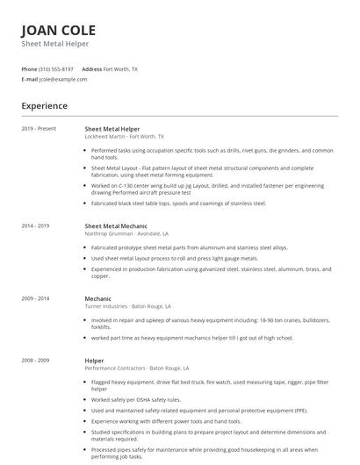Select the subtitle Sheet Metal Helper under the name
click(54, 44)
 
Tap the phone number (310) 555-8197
click(56, 68)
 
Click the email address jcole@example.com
click(62, 79)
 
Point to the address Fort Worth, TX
click(120, 68)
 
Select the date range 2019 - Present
click(39, 128)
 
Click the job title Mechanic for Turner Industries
click(97, 299)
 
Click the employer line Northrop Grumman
click(126, 234)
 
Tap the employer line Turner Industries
click(126, 308)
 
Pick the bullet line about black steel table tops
click(178, 204)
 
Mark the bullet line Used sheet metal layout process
click(175, 259)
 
